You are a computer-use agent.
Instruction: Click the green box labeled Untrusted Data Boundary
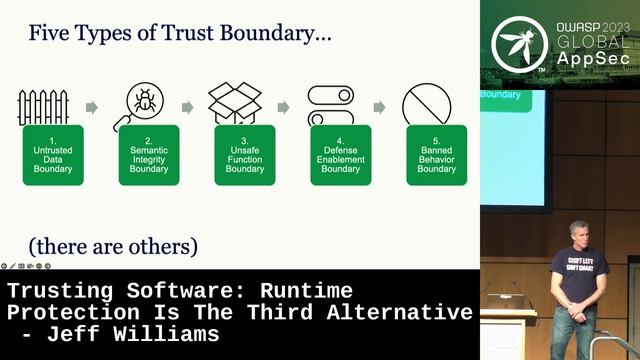click(53, 155)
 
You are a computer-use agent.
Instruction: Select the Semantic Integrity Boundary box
click(149, 155)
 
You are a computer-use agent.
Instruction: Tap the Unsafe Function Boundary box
click(245, 155)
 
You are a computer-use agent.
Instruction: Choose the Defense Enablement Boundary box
click(341, 155)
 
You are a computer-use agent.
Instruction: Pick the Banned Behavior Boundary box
click(436, 155)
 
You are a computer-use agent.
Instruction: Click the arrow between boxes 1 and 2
click(92, 107)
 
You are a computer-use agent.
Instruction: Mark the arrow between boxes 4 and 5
click(379, 107)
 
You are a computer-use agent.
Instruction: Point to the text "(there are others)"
click(113, 245)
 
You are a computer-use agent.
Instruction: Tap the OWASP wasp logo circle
click(519, 44)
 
